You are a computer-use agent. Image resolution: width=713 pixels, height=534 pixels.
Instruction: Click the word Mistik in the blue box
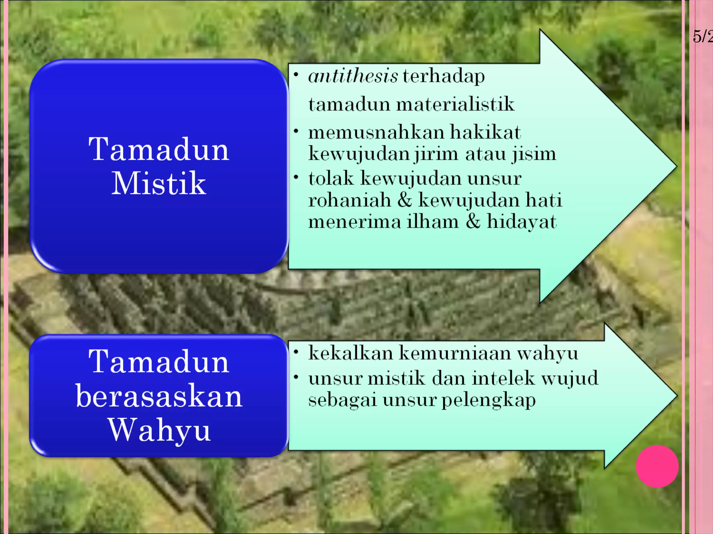tap(159, 183)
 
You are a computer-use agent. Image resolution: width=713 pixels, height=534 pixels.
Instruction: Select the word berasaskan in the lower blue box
tap(159, 396)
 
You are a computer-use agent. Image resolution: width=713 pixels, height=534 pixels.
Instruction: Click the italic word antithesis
tap(353, 76)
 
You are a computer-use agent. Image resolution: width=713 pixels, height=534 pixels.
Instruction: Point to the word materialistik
tap(455, 104)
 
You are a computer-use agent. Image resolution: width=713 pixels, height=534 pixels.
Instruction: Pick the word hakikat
tap(485, 132)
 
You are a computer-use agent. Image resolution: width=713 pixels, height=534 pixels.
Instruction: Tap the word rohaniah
tap(350, 200)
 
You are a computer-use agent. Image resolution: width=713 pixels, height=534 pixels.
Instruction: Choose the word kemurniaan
tap(454, 353)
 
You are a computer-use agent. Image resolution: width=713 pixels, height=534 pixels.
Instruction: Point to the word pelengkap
tap(488, 400)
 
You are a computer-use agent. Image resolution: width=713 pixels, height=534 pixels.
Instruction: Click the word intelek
tap(503, 378)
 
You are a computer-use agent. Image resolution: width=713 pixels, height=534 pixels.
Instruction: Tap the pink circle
tap(657, 466)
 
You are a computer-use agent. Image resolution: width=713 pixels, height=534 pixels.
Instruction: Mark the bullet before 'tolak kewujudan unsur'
tap(296, 177)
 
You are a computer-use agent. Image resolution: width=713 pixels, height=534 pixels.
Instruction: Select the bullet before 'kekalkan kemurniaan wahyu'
tap(296, 352)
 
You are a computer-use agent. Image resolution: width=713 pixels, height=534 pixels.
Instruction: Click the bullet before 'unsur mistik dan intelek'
tap(296, 377)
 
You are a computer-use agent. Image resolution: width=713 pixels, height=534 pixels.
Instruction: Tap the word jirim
tap(436, 154)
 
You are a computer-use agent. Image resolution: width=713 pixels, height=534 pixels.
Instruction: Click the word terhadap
tap(444, 76)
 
